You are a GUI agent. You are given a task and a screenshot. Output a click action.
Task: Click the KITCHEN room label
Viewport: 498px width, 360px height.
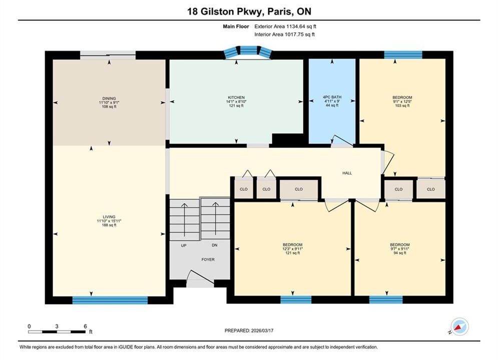pyautogui.click(x=236, y=97)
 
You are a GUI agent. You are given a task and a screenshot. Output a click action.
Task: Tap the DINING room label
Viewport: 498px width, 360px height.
pyautogui.click(x=109, y=98)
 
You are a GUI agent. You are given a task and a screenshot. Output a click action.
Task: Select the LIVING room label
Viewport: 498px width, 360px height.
pyautogui.click(x=109, y=217)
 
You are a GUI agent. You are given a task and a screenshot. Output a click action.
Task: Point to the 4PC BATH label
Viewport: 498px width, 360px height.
pyautogui.click(x=332, y=97)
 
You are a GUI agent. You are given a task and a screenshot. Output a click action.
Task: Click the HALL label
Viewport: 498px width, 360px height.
pyautogui.click(x=347, y=173)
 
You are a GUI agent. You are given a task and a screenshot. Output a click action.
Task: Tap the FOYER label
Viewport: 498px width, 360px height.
pyautogui.click(x=208, y=259)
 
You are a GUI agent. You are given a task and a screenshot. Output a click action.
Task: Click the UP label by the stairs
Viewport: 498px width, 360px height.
pyautogui.click(x=184, y=245)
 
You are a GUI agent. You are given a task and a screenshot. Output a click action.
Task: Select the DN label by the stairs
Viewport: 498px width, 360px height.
pyautogui.click(x=214, y=245)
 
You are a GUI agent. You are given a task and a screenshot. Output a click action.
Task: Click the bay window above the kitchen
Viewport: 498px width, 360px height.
pyautogui.click(x=248, y=51)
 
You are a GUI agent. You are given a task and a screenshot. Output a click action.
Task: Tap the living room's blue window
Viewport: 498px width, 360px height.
pyautogui.click(x=110, y=300)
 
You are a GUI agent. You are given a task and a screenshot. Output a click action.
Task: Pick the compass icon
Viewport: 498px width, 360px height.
pyautogui.click(x=459, y=326)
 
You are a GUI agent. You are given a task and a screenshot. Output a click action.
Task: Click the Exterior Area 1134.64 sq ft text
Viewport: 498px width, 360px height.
pyautogui.click(x=285, y=26)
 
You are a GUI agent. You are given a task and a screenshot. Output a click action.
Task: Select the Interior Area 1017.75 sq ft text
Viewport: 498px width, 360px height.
pyautogui.click(x=285, y=34)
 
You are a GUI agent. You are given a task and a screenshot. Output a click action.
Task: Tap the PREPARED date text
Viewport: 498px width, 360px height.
pyautogui.click(x=249, y=330)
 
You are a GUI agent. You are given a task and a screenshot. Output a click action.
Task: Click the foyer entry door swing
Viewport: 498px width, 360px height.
pyautogui.click(x=200, y=277)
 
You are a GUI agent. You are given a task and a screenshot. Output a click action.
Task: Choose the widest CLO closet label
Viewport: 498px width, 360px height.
pyautogui.click(x=298, y=189)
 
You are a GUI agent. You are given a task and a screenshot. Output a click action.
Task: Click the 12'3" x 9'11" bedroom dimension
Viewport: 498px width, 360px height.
pyautogui.click(x=292, y=249)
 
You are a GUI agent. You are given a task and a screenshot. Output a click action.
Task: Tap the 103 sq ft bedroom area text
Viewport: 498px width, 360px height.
pyautogui.click(x=402, y=105)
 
